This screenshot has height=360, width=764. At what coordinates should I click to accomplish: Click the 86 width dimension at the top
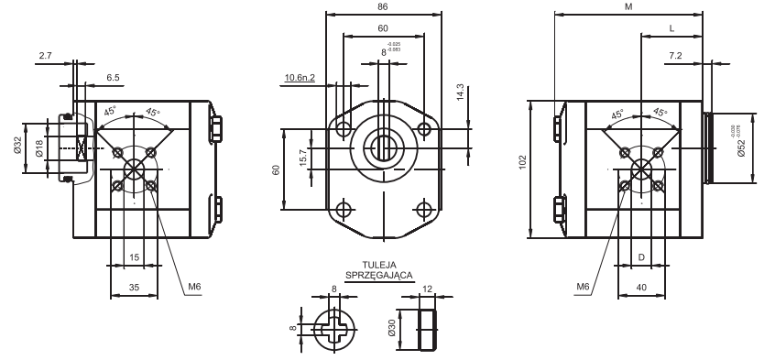coord(383,6)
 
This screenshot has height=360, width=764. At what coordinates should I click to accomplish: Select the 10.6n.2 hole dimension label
coord(300,78)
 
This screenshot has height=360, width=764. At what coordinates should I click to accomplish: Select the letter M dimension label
coord(628,6)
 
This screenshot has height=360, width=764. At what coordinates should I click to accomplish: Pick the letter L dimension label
coord(671,29)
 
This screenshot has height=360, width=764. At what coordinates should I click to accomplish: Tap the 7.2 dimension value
coord(675,57)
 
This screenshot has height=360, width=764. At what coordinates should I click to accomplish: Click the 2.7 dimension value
coord(45,57)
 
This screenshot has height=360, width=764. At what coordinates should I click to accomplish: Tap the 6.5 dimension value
coord(112,78)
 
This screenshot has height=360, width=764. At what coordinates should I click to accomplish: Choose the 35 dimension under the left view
coord(134,288)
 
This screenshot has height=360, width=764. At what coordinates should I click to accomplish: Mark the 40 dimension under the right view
coord(640,288)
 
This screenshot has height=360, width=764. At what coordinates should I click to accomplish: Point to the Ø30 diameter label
coord(390,328)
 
